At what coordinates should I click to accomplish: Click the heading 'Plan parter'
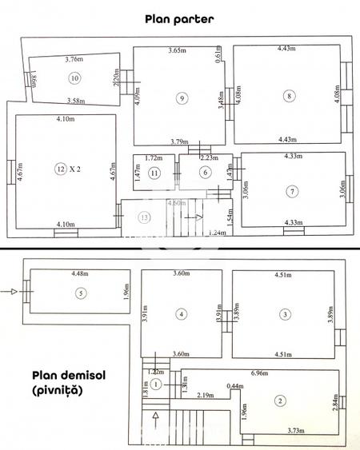pos(180,18)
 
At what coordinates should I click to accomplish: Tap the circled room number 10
pos(74,78)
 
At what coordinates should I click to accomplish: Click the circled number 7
pos(293,190)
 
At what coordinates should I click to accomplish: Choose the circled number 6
pos(205,173)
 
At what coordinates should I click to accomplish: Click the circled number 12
pos(59,169)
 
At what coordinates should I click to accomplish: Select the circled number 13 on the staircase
pos(144,217)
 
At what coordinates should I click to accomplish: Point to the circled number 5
pos(80,293)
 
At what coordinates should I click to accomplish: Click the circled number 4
pos(182,314)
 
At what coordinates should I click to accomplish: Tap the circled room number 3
pos(285,314)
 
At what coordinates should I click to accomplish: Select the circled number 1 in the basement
pos(157,385)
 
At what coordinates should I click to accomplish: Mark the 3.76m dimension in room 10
pos(74,58)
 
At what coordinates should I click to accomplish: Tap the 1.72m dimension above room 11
pos(154,159)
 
